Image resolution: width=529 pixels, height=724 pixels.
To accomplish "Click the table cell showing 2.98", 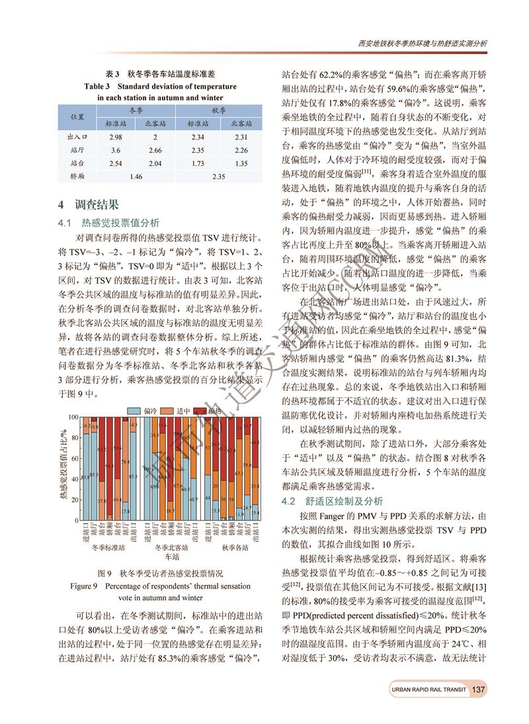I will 116,137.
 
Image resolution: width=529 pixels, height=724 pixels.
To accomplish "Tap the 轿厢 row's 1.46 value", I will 136,176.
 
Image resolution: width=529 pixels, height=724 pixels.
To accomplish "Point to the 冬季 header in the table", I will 136,111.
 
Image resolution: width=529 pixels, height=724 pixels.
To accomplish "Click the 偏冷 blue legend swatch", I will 134,411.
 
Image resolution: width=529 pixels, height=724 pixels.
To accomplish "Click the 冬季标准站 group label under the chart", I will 108,547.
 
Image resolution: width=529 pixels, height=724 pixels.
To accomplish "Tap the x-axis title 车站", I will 171,557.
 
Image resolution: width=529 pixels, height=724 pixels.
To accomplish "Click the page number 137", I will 478,689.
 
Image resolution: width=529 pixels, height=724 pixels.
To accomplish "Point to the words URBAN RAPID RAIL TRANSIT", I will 428,690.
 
